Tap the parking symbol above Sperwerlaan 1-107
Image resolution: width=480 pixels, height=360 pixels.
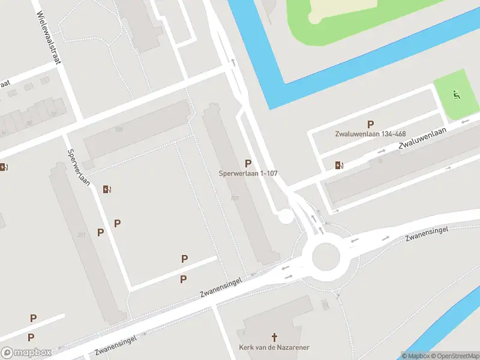pyautogui.click(x=248, y=163)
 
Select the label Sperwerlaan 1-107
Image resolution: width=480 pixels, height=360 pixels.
pyautogui.click(x=248, y=173)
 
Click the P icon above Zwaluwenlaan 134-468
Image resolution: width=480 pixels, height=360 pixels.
pyautogui.click(x=370, y=124)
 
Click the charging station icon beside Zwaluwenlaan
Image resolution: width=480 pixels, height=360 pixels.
pyautogui.click(x=340, y=165)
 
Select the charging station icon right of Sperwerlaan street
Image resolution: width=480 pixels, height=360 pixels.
pyautogui.click(x=107, y=190)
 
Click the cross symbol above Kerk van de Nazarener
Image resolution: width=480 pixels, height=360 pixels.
pyautogui.click(x=275, y=337)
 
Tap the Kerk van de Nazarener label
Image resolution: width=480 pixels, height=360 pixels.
pyautogui.click(x=275, y=347)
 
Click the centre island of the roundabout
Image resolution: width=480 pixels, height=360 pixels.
pyautogui.click(x=325, y=256)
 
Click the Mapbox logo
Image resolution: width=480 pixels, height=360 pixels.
pyautogui.click(x=26, y=352)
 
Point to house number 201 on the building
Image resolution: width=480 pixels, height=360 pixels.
pyautogui.click(x=81, y=235)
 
